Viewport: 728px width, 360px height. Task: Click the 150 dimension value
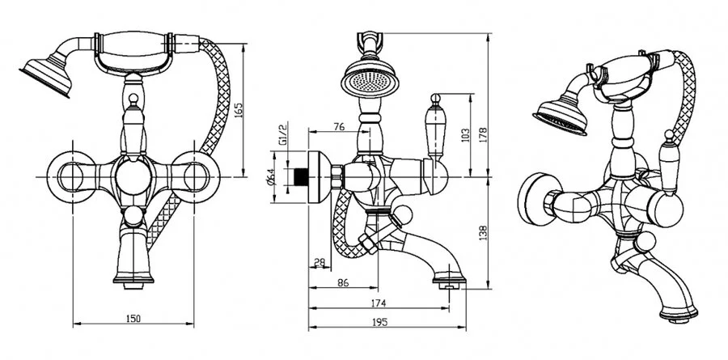pyautogui.click(x=133, y=318)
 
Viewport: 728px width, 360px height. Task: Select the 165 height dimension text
pyautogui.click(x=238, y=110)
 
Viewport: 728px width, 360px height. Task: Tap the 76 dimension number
pyautogui.click(x=340, y=127)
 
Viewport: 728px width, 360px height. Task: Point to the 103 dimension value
pyautogui.click(x=466, y=136)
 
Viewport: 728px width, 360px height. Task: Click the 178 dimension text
pyautogui.click(x=483, y=135)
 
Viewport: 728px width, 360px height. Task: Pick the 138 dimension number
pyautogui.click(x=483, y=232)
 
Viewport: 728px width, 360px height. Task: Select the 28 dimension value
pyautogui.click(x=320, y=262)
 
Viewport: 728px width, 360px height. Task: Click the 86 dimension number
pyautogui.click(x=343, y=282)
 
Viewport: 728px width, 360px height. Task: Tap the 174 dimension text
pyautogui.click(x=379, y=303)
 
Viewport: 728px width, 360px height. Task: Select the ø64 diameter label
pyautogui.click(x=273, y=176)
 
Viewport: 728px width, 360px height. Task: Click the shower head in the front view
pyautogui.click(x=47, y=76)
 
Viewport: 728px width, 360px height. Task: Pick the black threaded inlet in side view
pyautogui.click(x=303, y=176)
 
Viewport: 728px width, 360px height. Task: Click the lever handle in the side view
pyautogui.click(x=435, y=125)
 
